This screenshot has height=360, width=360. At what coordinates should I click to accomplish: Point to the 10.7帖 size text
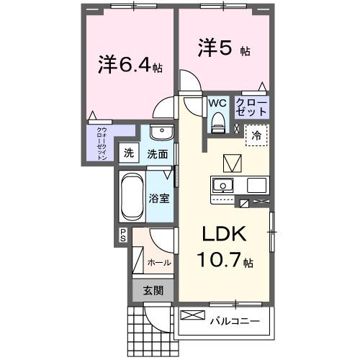tap(225, 260)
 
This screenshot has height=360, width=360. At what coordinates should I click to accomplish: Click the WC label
tap(217, 103)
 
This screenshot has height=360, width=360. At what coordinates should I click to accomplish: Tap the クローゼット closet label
tap(252, 108)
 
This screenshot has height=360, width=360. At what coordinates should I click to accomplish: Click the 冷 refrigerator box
tap(256, 134)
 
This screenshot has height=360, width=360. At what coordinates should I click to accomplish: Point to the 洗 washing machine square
tap(128, 153)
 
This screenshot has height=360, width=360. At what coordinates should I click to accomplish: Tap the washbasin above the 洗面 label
tap(162, 135)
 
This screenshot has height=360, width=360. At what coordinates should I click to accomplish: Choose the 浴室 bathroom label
tap(158, 197)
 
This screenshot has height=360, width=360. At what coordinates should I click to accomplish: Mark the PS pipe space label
tap(123, 233)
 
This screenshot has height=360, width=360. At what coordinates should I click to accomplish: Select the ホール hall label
tap(158, 263)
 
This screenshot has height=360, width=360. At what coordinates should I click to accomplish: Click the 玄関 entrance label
tap(152, 291)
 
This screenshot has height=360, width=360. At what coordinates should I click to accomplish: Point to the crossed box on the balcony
tap(192, 315)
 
